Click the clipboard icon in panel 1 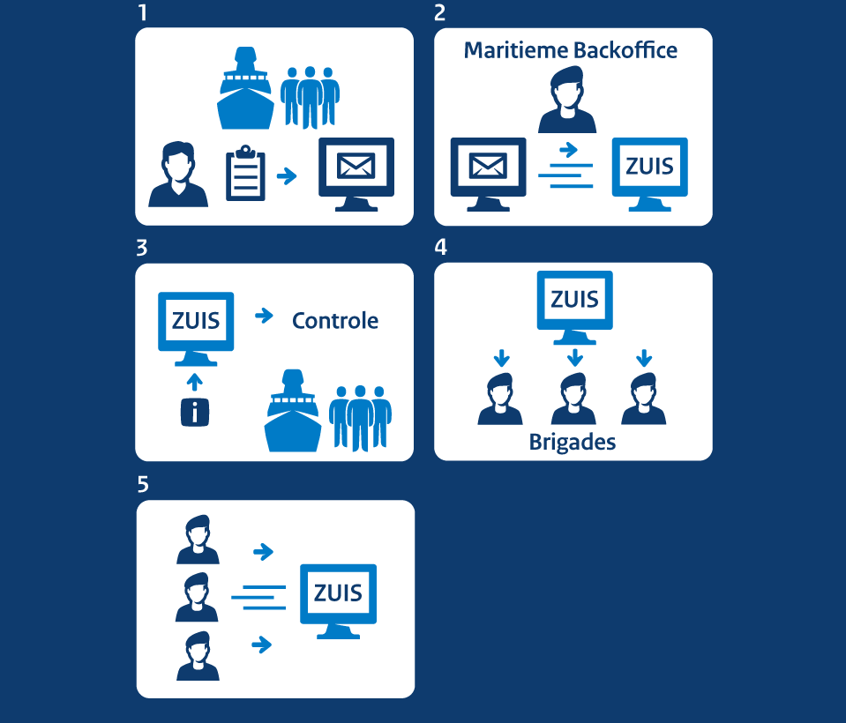[x=245, y=174]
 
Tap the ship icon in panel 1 [x=246, y=90]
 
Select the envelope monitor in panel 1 [x=356, y=173]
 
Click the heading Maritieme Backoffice [x=571, y=50]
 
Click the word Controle [x=335, y=320]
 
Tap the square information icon [x=194, y=412]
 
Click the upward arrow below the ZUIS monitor [x=195, y=381]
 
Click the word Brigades [x=572, y=442]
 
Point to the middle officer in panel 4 [x=573, y=399]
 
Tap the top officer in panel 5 [x=198, y=540]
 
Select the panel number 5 [x=143, y=484]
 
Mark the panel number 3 [x=142, y=248]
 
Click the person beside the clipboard [x=178, y=175]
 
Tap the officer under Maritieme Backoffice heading [x=566, y=100]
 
